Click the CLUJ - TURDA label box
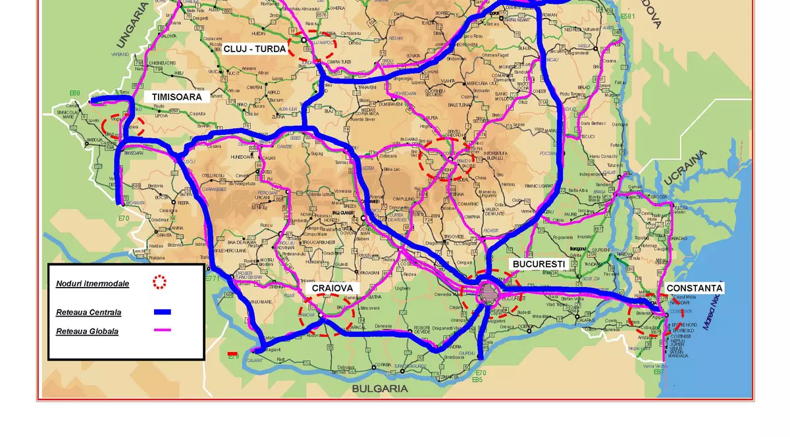(255, 49)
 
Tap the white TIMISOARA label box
(176, 96)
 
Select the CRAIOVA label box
(332, 288)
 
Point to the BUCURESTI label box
(539, 263)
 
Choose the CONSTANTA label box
(694, 288)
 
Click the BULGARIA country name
(380, 388)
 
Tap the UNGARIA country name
(132, 26)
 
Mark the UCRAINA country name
(685, 168)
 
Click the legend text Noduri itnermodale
(92, 284)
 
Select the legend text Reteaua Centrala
(88, 313)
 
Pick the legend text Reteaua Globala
(87, 331)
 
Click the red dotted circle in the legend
(159, 282)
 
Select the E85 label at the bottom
(477, 380)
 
